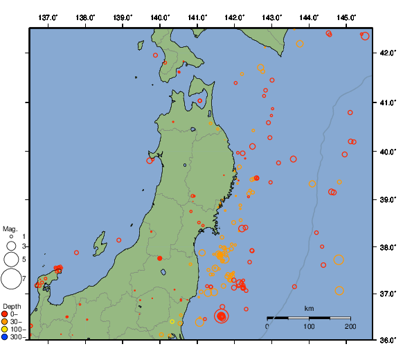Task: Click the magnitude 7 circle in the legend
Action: pos(11,279)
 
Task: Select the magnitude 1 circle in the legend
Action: pos(11,237)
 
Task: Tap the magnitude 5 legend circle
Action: pos(11,259)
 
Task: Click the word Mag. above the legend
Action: pos(10,228)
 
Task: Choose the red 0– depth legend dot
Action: pos(6,314)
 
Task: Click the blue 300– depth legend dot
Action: pos(6,337)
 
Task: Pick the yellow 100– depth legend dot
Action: pos(6,330)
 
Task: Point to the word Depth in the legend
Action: pos(12,306)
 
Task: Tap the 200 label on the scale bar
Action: pos(350,326)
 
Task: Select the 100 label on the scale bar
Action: pos(309,326)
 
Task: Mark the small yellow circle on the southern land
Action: pos(172,321)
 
